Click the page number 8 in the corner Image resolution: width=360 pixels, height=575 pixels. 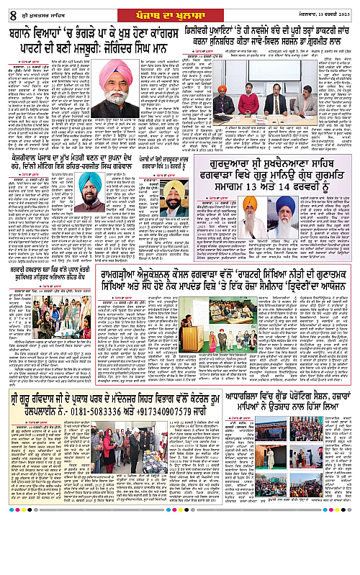6,8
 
